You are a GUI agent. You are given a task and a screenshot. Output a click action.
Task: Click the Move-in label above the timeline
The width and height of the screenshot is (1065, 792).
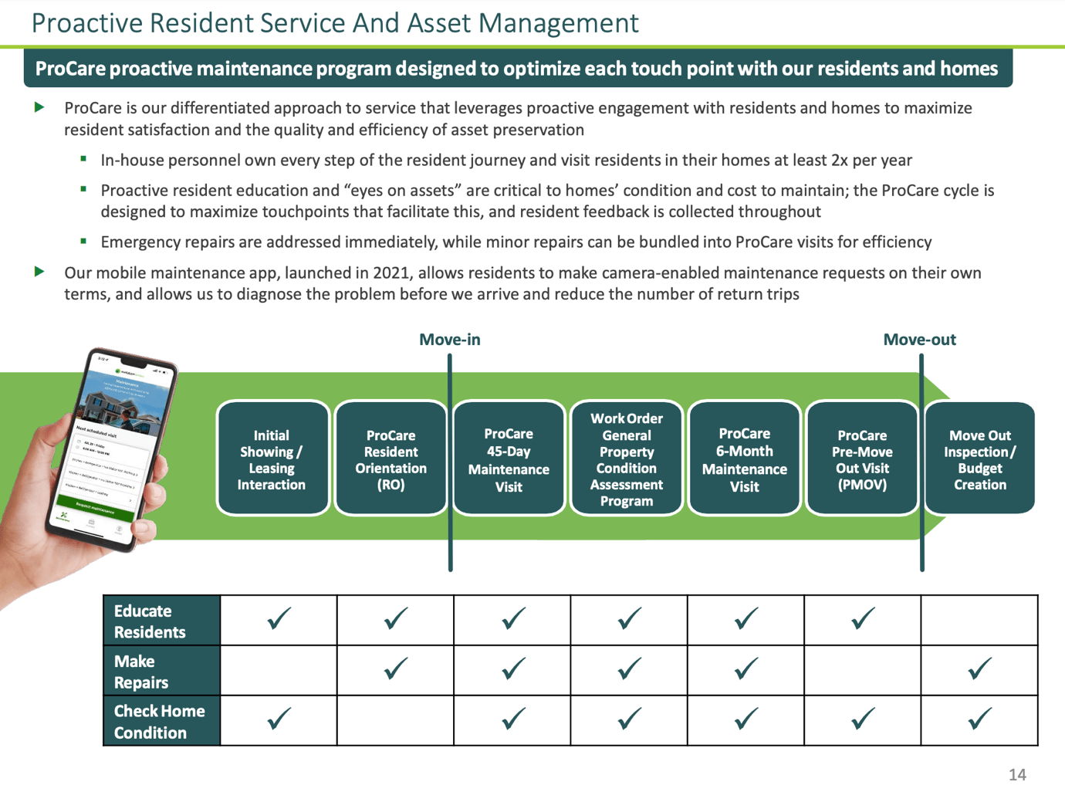[x=449, y=340]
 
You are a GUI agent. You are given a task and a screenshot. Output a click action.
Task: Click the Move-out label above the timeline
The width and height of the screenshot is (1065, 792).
[x=919, y=340]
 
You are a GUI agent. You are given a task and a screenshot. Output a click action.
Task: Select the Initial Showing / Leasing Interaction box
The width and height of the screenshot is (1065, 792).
[x=272, y=459]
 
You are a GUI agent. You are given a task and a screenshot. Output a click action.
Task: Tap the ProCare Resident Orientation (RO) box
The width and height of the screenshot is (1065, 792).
[x=390, y=459]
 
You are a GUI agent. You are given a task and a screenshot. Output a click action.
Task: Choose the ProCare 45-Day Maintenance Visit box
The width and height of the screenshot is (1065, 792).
[x=509, y=459]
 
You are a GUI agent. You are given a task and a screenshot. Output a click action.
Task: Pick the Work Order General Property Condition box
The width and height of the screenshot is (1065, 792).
[x=627, y=459]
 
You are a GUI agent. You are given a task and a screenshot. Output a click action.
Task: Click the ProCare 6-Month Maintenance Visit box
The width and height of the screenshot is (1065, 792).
[x=744, y=459]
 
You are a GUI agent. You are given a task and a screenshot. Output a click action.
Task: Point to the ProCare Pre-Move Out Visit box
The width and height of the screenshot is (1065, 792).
[x=862, y=459]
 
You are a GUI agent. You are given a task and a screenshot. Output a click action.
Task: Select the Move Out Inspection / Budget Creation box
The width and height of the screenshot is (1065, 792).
[x=979, y=459]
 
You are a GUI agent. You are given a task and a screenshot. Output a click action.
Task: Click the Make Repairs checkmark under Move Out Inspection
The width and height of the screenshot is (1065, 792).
[x=979, y=669]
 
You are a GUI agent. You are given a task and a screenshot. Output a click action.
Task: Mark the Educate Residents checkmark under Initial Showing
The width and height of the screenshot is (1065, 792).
[x=279, y=619]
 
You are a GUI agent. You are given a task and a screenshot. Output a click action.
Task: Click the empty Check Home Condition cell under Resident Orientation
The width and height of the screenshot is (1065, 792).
[x=395, y=721]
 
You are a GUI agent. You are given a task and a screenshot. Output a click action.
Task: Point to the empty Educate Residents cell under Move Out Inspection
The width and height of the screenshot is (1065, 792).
[x=979, y=621]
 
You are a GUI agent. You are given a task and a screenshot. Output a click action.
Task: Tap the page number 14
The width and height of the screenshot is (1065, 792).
[x=1017, y=774]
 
